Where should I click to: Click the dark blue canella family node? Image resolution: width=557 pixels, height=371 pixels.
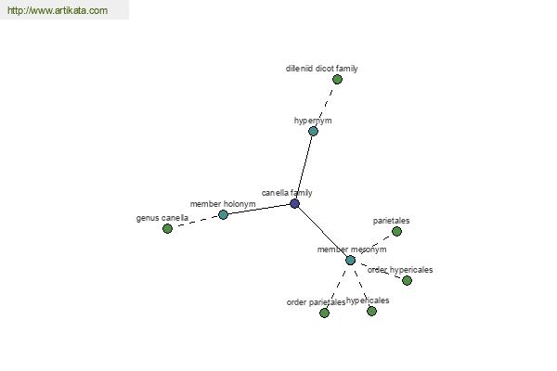(294, 203)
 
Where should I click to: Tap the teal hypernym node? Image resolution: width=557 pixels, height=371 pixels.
(313, 132)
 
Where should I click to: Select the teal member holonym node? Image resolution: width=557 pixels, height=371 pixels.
(223, 214)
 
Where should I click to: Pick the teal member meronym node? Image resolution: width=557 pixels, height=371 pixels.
(350, 261)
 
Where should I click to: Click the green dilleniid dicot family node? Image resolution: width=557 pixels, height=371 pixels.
(337, 79)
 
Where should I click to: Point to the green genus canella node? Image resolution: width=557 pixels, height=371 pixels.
(167, 229)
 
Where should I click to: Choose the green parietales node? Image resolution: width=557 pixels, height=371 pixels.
(396, 232)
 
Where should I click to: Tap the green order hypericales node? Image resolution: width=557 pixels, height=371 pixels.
(407, 280)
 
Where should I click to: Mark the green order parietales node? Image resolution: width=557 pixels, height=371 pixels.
(324, 313)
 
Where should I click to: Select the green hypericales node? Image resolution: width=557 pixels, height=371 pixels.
(371, 312)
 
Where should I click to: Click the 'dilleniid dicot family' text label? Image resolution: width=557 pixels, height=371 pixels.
(321, 69)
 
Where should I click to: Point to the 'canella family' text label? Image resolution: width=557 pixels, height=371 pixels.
(287, 193)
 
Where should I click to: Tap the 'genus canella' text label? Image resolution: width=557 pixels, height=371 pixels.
(162, 218)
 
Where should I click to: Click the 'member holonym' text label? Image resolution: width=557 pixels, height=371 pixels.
(223, 204)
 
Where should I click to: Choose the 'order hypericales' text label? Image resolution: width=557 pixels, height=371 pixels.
(400, 270)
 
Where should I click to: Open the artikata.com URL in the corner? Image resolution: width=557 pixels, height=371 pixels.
(58, 10)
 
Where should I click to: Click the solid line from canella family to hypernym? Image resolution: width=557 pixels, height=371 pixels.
(304, 168)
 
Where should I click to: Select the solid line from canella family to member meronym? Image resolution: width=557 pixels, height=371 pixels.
(322, 232)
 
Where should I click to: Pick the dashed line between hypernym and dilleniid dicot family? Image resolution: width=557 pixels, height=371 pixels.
(325, 106)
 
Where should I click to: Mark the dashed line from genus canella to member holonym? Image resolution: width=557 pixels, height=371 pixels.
(195, 222)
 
